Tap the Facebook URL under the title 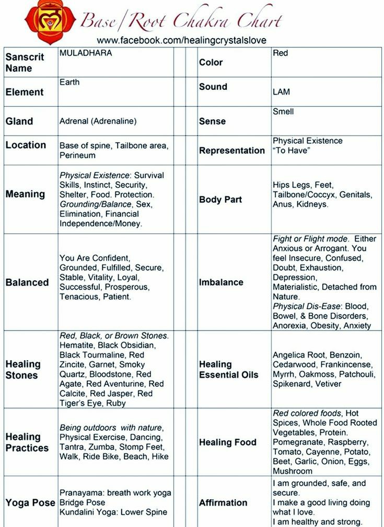181,40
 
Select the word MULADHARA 86,53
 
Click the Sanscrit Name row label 25,63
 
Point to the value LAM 281,92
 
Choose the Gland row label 19,121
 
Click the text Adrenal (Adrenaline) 98,121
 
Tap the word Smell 283,111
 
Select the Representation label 232,151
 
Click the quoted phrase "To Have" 292,151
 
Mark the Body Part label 220,200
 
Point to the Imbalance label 221,282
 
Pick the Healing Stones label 23,370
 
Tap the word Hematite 77,345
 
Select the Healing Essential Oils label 228,370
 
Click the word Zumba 103,447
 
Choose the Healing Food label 228,442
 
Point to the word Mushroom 293,471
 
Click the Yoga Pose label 30,503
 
